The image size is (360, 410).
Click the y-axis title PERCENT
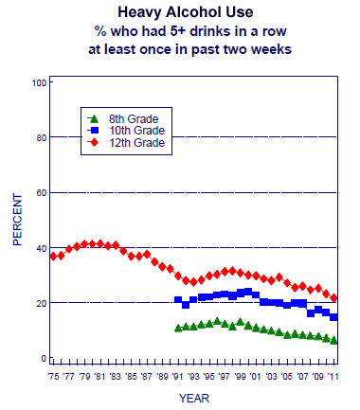pyautogui.click(x=16, y=221)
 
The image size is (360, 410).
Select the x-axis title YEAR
pyautogui.click(x=193, y=398)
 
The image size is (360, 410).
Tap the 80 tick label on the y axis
pyautogui.click(x=41, y=138)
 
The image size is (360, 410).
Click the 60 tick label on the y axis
pyautogui.click(x=41, y=193)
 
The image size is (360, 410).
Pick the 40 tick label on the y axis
pyautogui.click(x=41, y=248)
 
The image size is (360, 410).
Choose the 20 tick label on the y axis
pyautogui.click(x=41, y=303)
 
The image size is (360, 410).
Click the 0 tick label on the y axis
pyautogui.click(x=44, y=359)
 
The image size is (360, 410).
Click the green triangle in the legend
pyautogui.click(x=92, y=118)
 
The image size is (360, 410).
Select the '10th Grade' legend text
pyautogui.click(x=136, y=131)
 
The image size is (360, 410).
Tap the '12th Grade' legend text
pyautogui.click(x=136, y=143)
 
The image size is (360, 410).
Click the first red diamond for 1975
pyautogui.click(x=54, y=256)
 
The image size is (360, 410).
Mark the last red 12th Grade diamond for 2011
pyautogui.click(x=334, y=298)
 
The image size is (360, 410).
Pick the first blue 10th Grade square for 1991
pyautogui.click(x=178, y=300)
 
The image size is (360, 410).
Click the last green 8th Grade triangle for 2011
pyautogui.click(x=334, y=340)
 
